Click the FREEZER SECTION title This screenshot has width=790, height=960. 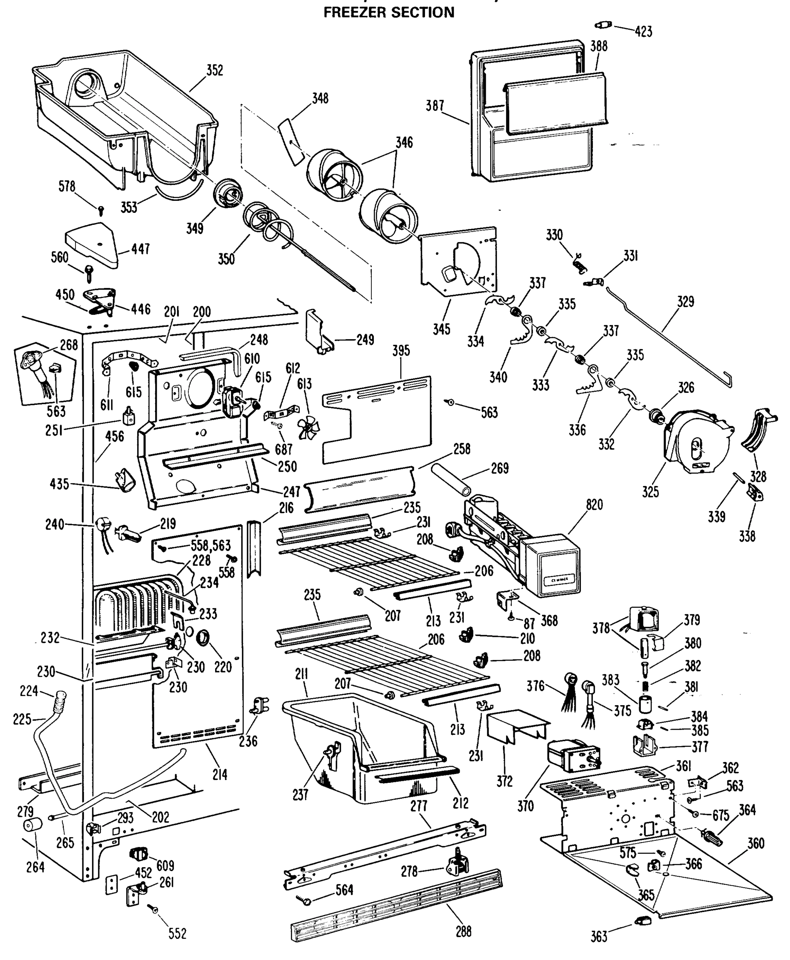click(389, 12)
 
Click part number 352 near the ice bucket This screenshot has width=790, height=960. click(214, 70)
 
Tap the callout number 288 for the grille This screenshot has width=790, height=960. click(463, 931)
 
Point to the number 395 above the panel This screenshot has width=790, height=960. click(401, 350)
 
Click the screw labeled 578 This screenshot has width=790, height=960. click(102, 210)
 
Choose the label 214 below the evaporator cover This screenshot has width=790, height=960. click(220, 774)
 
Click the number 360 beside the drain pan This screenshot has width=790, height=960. click(756, 843)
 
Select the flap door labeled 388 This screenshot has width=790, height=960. click(557, 104)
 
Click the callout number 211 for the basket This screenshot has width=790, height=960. click(301, 674)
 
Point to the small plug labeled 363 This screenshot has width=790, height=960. click(642, 921)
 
